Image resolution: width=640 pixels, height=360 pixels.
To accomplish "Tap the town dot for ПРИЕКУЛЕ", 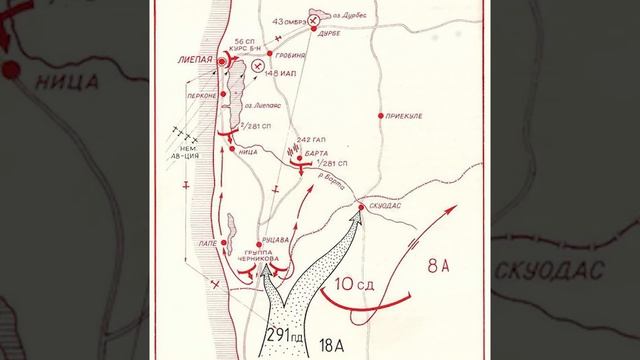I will [x=380, y=116].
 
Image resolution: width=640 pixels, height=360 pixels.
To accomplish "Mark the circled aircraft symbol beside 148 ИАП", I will [x=259, y=65].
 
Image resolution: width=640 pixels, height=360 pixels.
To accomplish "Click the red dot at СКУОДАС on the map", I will [x=362, y=207].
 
